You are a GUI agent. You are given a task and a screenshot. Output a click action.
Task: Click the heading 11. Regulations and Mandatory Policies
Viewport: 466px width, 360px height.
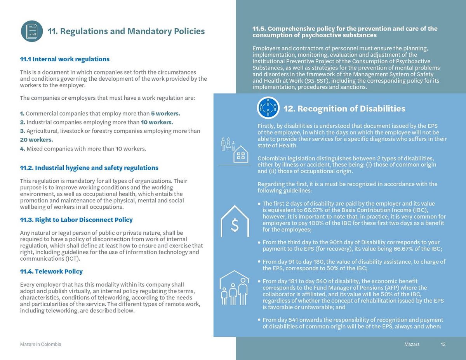coord(126,31)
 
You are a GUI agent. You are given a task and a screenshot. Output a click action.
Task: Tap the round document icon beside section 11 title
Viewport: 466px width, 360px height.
coord(32,31)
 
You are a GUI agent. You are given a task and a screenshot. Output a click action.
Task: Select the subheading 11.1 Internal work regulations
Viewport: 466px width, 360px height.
coord(64,59)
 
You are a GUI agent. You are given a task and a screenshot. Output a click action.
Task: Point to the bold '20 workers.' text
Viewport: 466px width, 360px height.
coord(36,140)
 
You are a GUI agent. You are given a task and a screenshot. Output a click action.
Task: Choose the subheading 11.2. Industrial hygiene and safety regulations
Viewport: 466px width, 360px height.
coord(89,168)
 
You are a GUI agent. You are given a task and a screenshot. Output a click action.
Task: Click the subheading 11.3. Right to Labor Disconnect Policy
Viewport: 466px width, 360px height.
coord(76,220)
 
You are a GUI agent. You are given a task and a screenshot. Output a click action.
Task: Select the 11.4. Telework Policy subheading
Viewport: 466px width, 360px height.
coord(51,272)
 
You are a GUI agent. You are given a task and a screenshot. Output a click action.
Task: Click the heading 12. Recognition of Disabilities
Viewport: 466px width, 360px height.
coord(344,109)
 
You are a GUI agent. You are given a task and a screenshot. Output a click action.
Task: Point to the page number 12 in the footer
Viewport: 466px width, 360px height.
coord(443,344)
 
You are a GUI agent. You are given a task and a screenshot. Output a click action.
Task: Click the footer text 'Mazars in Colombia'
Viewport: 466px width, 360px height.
coord(40,344)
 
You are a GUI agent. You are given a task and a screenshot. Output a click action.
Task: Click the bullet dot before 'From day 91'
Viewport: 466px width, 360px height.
coord(259,262)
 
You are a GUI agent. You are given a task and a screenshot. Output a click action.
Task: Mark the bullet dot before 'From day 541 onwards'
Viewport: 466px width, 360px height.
coord(259,320)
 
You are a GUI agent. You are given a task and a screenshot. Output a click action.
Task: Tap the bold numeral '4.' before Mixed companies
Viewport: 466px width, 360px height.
coord(22,149)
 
